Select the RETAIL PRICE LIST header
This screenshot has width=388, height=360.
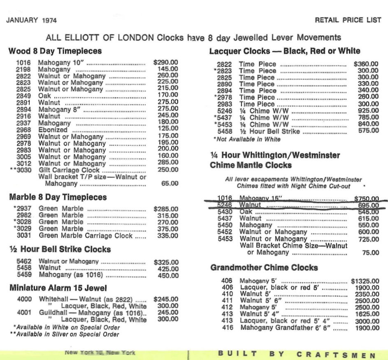pyautogui.click(x=348, y=20)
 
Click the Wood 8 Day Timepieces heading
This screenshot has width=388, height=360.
pyautogui.click(x=55, y=52)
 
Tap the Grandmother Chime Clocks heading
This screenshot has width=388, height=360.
pyautogui.click(x=264, y=268)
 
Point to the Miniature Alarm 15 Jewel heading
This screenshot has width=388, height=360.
pyautogui.click(x=58, y=288)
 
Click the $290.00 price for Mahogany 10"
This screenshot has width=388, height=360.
pyautogui.click(x=165, y=63)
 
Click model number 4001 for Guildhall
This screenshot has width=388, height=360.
pyautogui.click(x=24, y=312)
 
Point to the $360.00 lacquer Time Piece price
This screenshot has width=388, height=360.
pyautogui.click(x=366, y=64)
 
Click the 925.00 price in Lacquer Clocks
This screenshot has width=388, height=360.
pyautogui.click(x=368, y=111)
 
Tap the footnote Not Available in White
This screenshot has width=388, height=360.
pyautogui.click(x=247, y=139)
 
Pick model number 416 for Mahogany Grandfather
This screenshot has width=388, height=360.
pyautogui.click(x=228, y=328)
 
